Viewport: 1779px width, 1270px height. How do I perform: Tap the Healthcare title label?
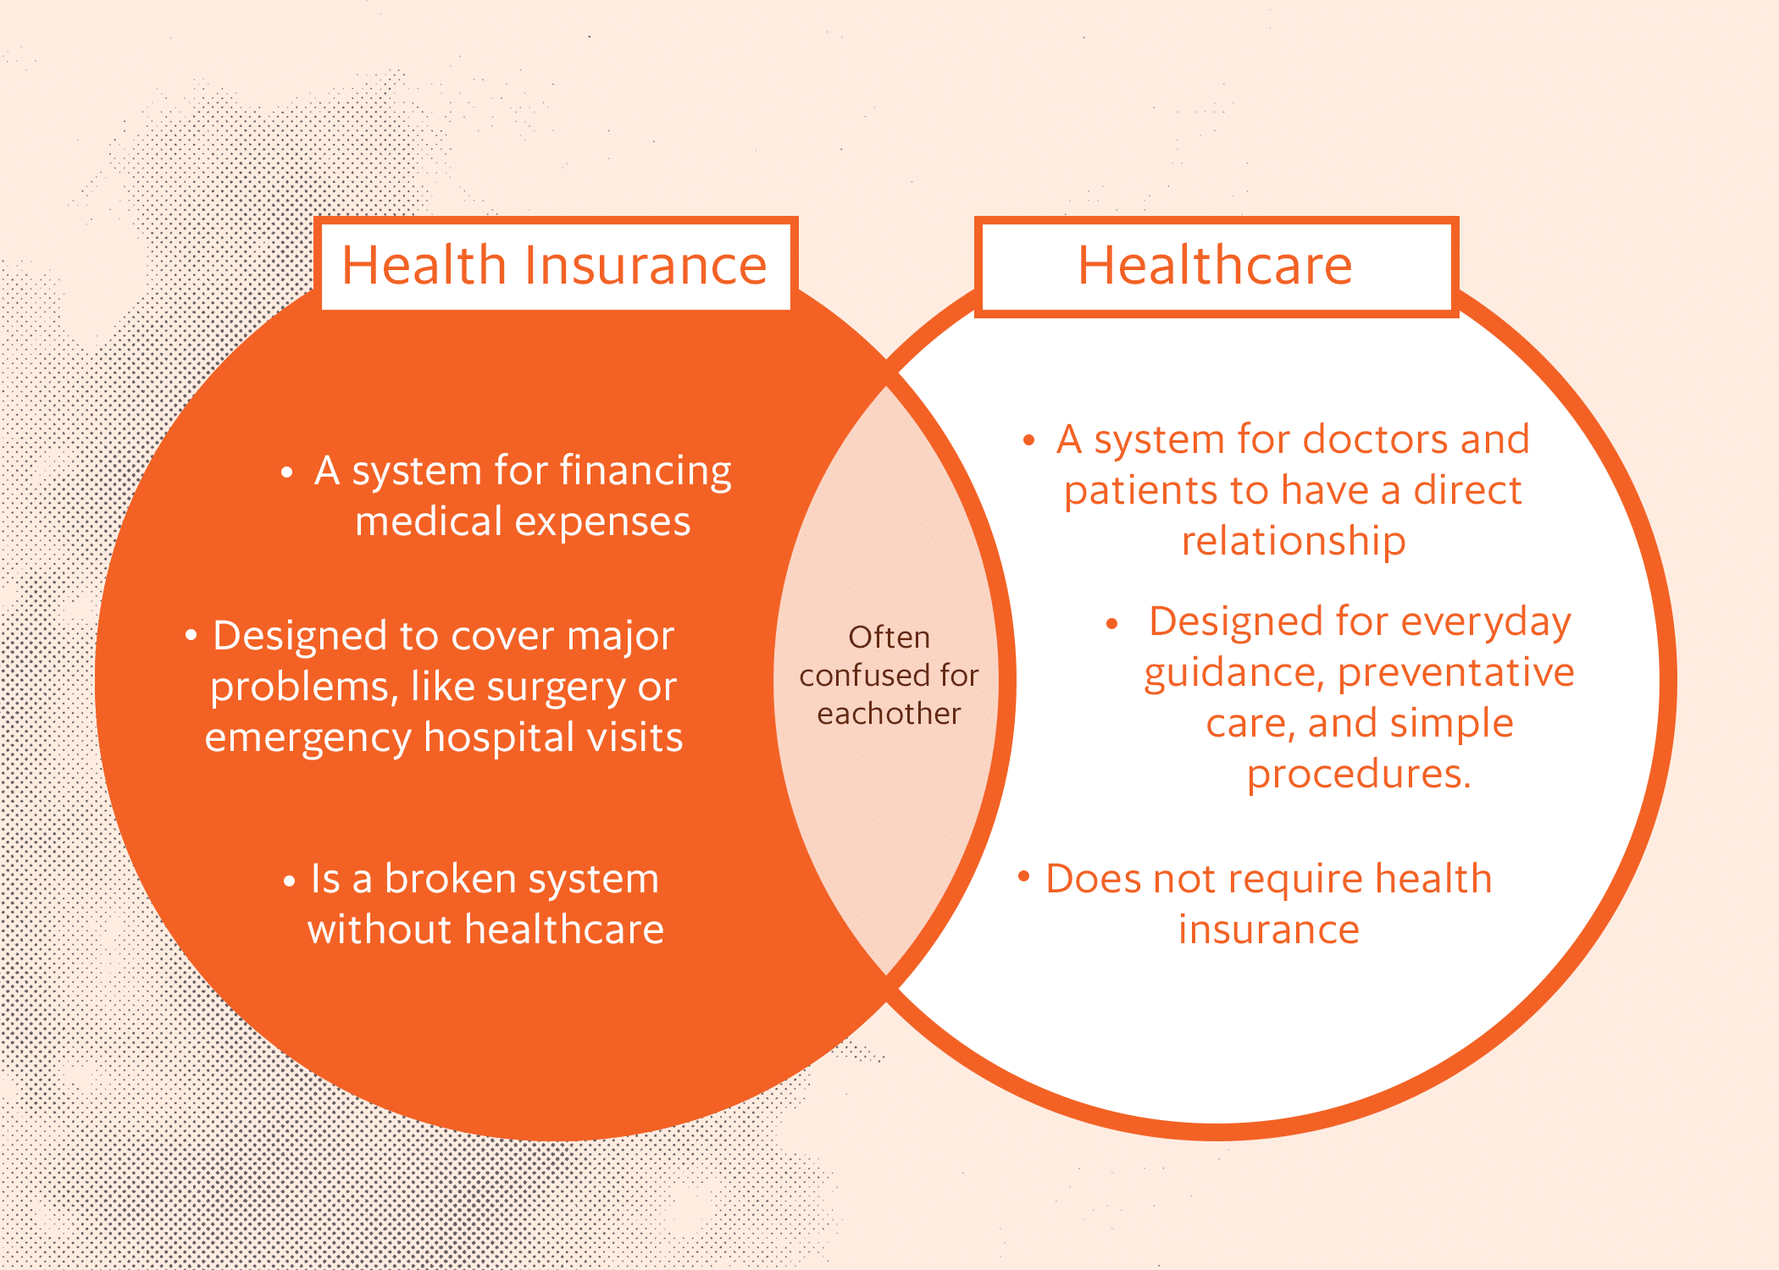(1215, 266)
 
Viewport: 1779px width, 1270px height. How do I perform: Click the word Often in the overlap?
(889, 638)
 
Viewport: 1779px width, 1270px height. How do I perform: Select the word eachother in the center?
(889, 714)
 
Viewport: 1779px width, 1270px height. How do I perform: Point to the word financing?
(646, 472)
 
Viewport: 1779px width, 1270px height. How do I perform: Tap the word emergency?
(308, 738)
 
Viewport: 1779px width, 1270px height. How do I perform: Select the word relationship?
(1294, 541)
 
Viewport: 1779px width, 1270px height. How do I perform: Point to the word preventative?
(1455, 673)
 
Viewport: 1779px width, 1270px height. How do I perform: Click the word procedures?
(1358, 774)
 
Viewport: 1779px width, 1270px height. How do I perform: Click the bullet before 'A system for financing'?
(287, 472)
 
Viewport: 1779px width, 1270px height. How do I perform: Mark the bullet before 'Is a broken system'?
(290, 881)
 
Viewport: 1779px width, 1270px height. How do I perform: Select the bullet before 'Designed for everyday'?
(1112, 625)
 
